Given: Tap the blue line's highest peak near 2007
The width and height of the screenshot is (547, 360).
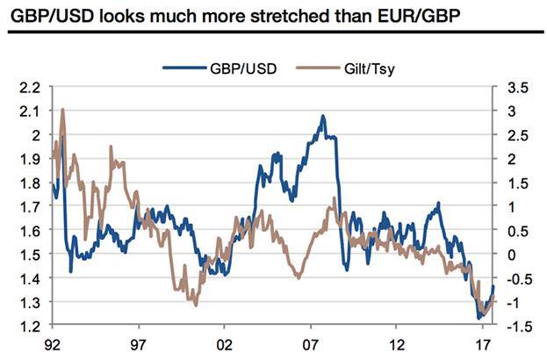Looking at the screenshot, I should [x=323, y=116].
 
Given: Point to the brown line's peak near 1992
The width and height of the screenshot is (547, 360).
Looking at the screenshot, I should [x=62, y=111].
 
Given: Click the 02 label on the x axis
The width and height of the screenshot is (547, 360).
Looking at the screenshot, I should [x=224, y=346].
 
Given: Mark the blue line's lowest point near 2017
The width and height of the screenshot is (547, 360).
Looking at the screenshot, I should [x=479, y=318].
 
